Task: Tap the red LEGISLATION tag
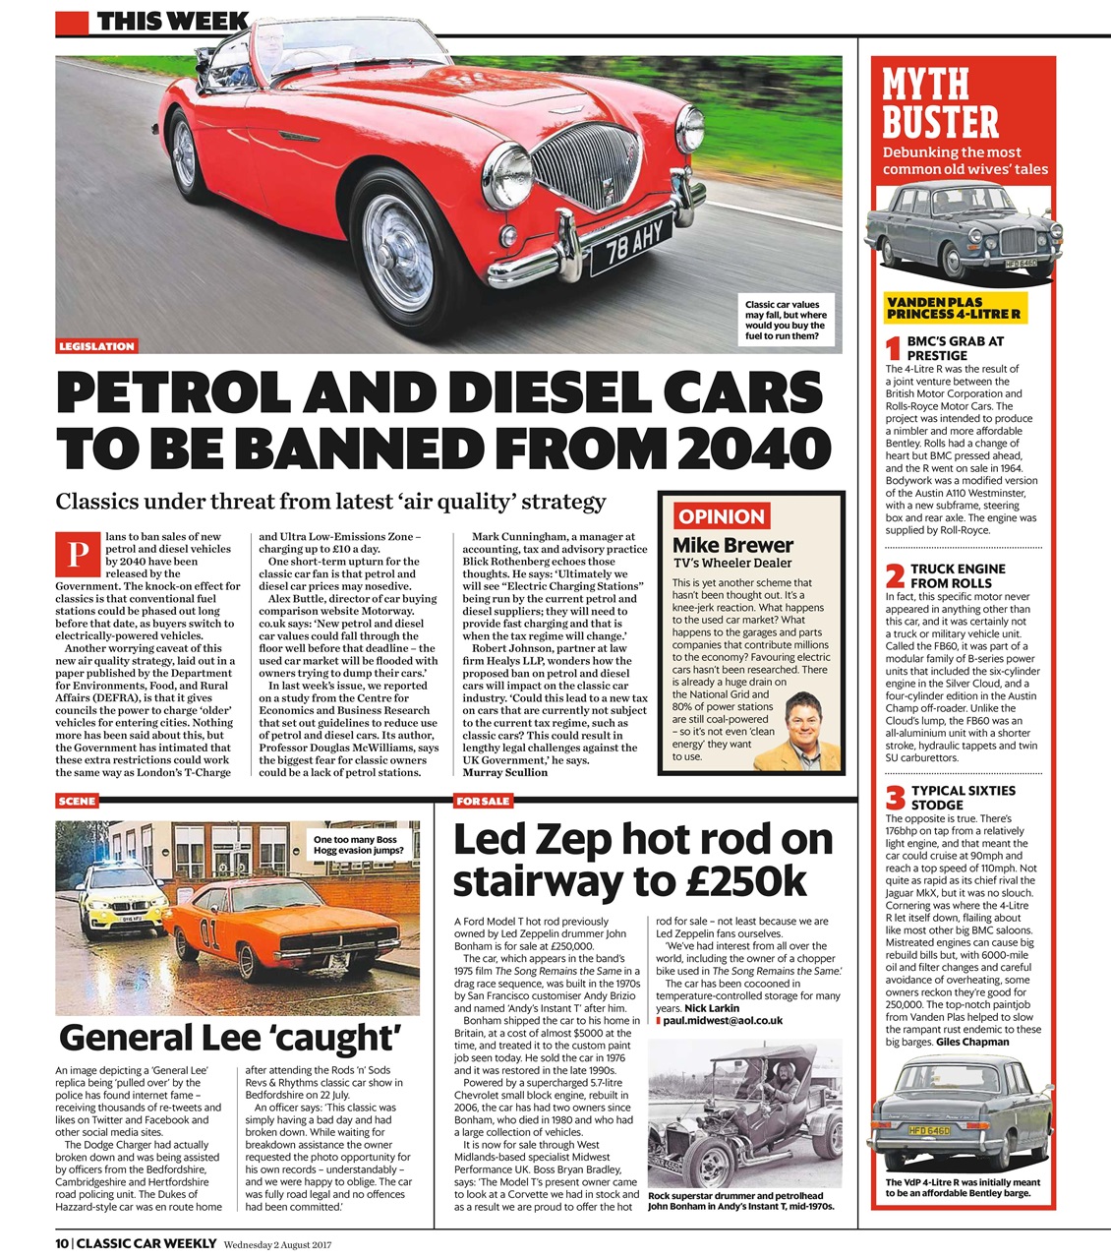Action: click(96, 346)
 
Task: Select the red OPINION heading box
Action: click(722, 516)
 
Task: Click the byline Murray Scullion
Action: click(504, 772)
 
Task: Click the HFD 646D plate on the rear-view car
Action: click(929, 1130)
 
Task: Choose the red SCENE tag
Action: click(77, 802)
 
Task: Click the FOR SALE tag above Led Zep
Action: click(483, 802)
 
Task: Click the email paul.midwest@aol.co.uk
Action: click(722, 1021)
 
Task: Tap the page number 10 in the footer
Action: click(63, 1243)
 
